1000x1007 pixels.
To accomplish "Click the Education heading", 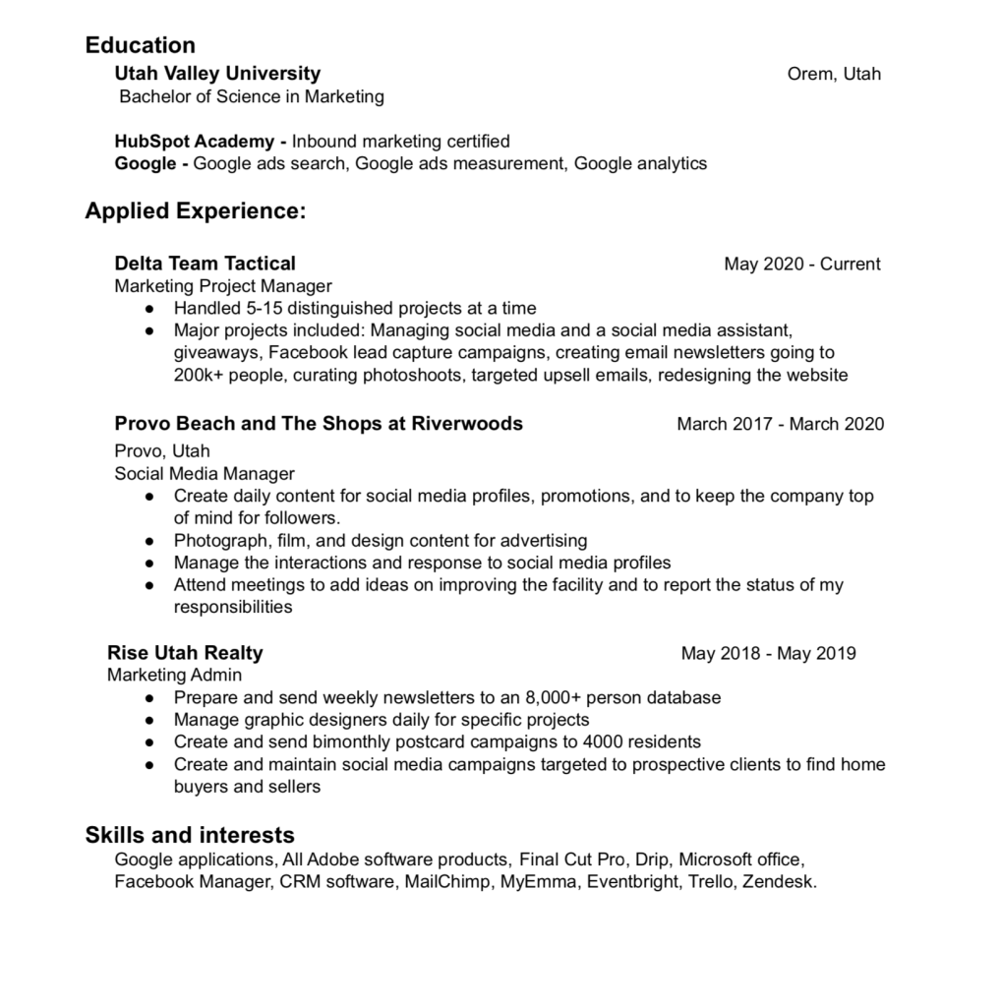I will [x=140, y=45].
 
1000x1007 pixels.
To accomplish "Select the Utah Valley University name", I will [x=217, y=74].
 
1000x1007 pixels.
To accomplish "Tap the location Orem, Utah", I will [x=834, y=74].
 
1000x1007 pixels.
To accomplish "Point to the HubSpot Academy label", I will [x=194, y=141].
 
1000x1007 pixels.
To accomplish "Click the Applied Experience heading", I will [x=196, y=211].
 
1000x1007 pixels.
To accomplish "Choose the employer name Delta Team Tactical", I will [x=205, y=264].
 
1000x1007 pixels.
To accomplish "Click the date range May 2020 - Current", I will [x=801, y=264].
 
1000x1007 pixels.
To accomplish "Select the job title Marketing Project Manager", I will [x=223, y=286].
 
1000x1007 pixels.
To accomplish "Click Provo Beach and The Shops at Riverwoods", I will [x=319, y=424].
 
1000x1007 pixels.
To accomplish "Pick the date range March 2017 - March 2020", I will [x=780, y=424].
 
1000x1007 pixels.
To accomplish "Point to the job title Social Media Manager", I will [x=205, y=474].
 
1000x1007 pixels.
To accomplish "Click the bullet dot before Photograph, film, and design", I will [x=149, y=541].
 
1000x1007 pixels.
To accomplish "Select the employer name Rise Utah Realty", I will [x=185, y=653].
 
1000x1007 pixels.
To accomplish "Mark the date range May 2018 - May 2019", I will [x=768, y=653].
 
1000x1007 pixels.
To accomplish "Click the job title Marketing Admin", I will [x=174, y=676].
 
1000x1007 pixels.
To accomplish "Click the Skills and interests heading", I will [x=190, y=836].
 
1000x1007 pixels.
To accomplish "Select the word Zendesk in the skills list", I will [x=779, y=881].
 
